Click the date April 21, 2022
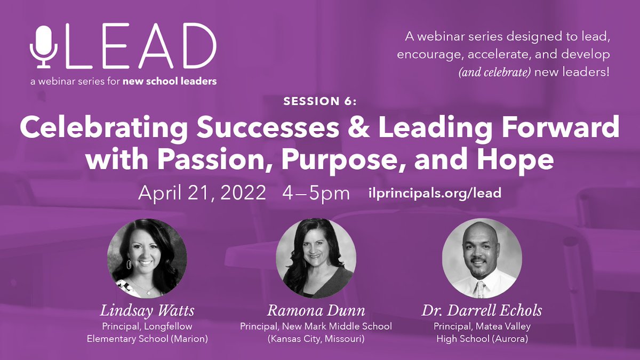point(202,193)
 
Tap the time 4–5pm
point(316,193)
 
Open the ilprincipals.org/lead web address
point(435,193)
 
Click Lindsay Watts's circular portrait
point(147,258)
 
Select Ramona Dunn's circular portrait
point(315,258)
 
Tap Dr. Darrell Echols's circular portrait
point(482,258)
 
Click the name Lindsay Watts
point(147,311)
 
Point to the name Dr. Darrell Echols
point(482,311)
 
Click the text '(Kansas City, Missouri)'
point(315,338)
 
